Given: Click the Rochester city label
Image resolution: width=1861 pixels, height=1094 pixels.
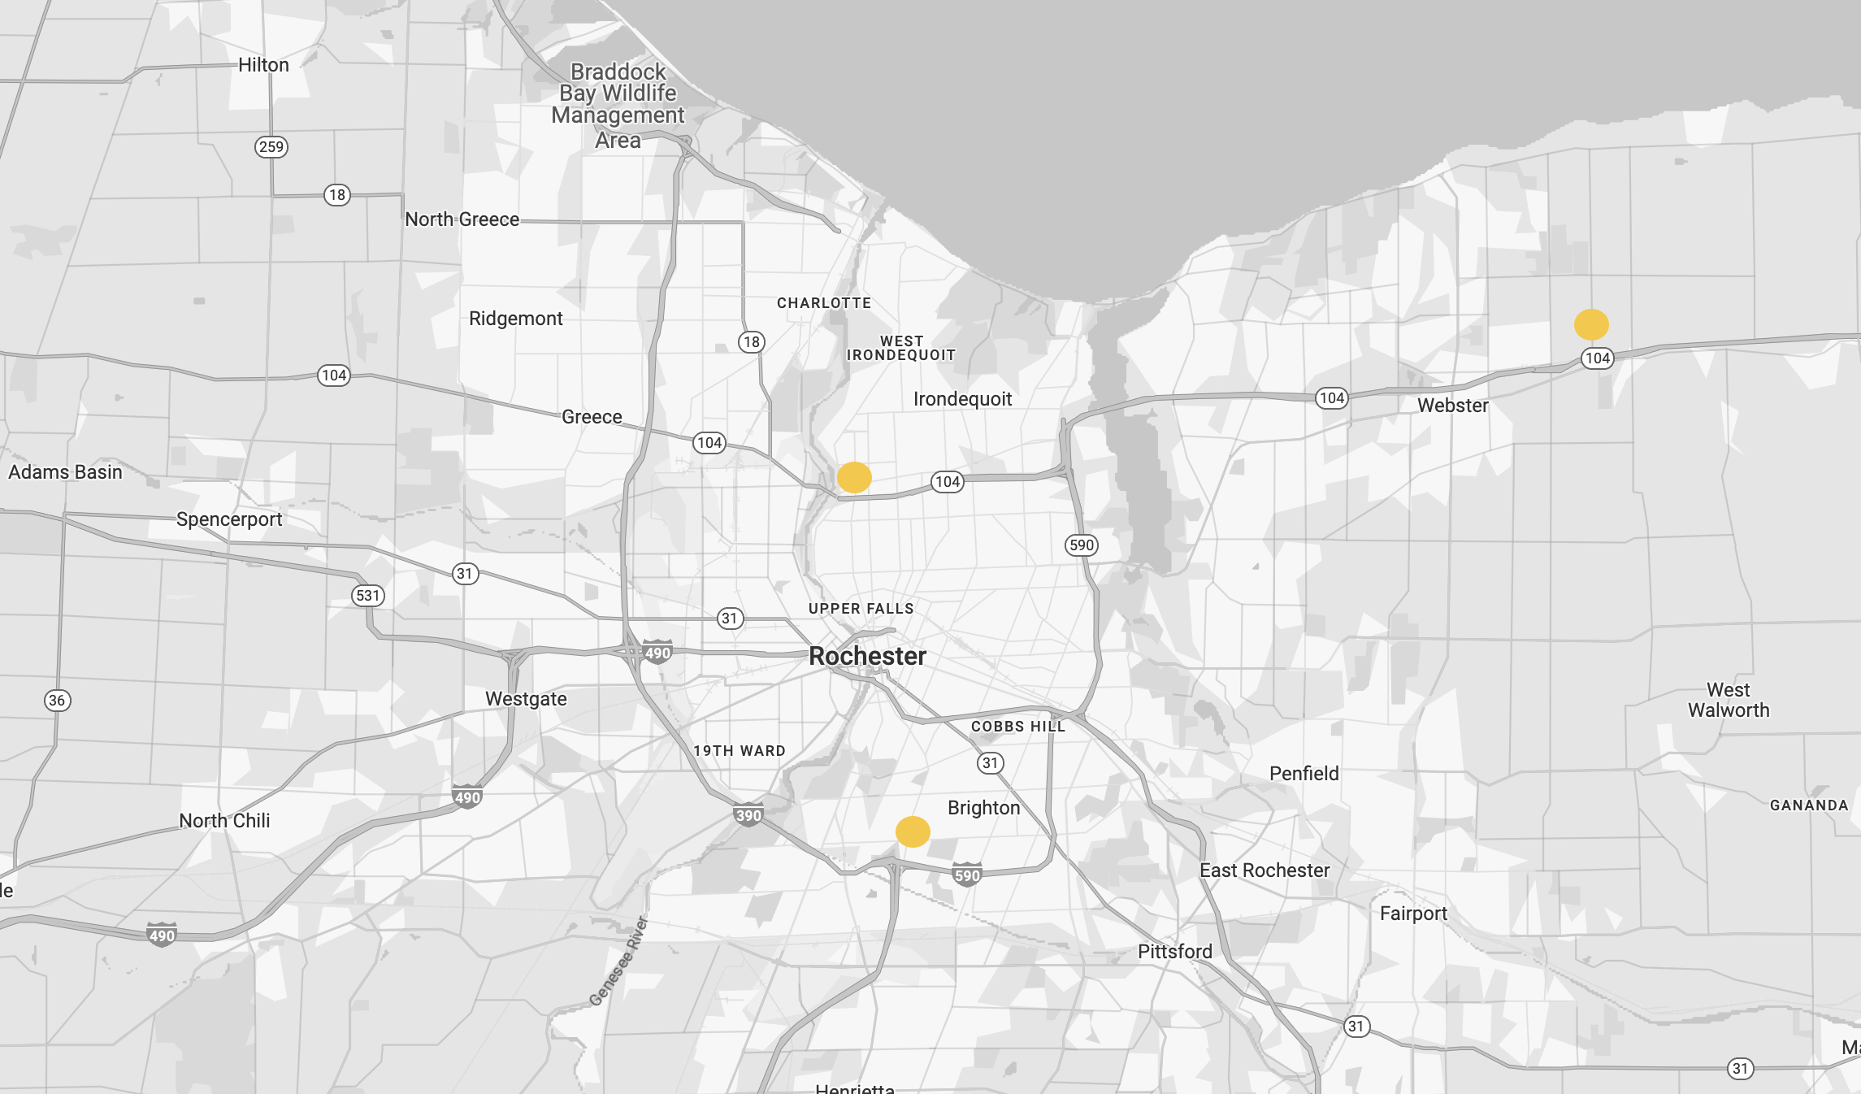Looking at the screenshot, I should [867, 656].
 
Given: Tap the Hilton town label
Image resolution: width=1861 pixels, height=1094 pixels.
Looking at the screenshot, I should [263, 65].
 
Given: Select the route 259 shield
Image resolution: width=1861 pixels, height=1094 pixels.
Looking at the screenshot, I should [271, 147].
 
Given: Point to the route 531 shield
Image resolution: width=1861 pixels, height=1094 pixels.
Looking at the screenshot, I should [368, 595].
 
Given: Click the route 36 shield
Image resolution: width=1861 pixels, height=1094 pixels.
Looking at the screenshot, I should [57, 701].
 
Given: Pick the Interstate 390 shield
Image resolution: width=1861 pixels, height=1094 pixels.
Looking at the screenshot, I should [748, 815].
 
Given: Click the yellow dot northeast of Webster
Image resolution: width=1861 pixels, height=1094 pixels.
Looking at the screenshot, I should [1591, 324].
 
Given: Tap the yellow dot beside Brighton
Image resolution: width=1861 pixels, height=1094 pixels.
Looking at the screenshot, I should [913, 831].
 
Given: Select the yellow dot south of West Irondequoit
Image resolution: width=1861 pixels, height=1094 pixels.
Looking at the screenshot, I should [854, 477].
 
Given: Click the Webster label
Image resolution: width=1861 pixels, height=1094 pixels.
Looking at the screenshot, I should [1453, 406].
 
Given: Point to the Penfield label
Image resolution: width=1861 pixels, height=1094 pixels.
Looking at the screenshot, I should [1304, 774].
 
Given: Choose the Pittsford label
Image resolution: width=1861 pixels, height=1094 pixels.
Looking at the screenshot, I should [1174, 952].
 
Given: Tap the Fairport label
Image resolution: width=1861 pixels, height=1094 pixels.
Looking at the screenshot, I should [1413, 914].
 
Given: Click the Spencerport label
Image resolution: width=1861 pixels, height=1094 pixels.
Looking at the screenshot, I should [229, 519].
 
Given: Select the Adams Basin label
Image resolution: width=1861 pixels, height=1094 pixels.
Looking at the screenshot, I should [65, 472].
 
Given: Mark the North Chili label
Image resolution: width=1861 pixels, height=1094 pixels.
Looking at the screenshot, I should [224, 821].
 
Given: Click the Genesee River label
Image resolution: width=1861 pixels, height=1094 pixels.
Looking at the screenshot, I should [618, 961].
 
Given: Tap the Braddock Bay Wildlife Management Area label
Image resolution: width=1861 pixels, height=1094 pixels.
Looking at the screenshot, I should [618, 106].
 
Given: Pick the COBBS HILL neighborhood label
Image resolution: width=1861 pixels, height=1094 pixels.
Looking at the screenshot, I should [1017, 727].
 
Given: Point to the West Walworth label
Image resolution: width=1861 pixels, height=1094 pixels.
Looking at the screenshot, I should [1729, 700].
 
